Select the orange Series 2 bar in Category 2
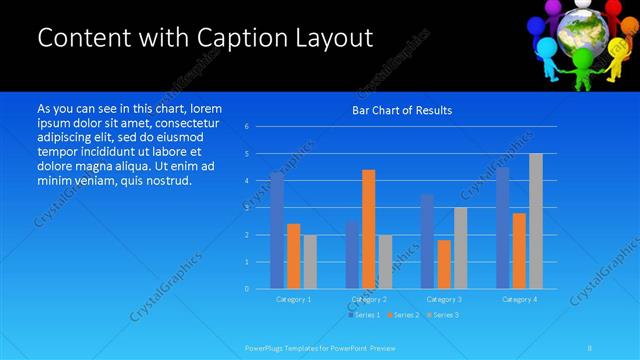368,229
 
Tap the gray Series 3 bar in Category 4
535,221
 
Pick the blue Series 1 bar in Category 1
277,230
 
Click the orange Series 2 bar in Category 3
444,264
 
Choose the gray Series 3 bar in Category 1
310,261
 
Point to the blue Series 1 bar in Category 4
502,228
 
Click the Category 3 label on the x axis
444,299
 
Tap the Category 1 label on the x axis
293,299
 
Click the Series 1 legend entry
365,315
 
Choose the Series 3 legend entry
443,315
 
